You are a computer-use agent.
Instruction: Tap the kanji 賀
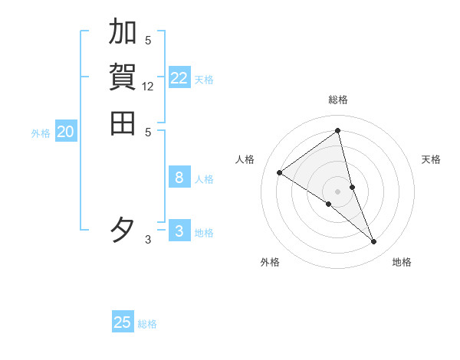click(x=123, y=77)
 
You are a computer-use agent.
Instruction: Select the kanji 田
click(x=123, y=123)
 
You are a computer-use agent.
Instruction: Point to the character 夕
click(x=123, y=230)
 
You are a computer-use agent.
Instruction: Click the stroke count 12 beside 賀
click(x=148, y=87)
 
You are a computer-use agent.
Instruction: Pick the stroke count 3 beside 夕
click(x=148, y=240)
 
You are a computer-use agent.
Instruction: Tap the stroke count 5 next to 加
click(x=148, y=41)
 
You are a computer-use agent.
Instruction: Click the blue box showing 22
click(x=179, y=78)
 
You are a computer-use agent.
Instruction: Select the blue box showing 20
click(x=66, y=132)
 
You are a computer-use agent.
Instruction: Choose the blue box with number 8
click(x=179, y=178)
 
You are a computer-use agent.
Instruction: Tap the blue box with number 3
click(x=179, y=231)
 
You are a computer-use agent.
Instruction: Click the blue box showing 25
click(x=123, y=322)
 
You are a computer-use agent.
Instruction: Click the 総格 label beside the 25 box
click(x=147, y=324)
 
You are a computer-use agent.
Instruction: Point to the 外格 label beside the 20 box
click(x=41, y=133)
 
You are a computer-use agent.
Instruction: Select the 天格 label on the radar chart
click(x=431, y=159)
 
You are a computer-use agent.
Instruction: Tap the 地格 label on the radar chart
click(x=402, y=262)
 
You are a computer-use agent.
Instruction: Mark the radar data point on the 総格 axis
click(x=337, y=130)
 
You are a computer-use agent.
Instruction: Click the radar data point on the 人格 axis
click(x=280, y=172)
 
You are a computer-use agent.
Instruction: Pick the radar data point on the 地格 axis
click(x=374, y=242)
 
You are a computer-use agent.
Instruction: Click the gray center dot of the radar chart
click(x=337, y=191)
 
